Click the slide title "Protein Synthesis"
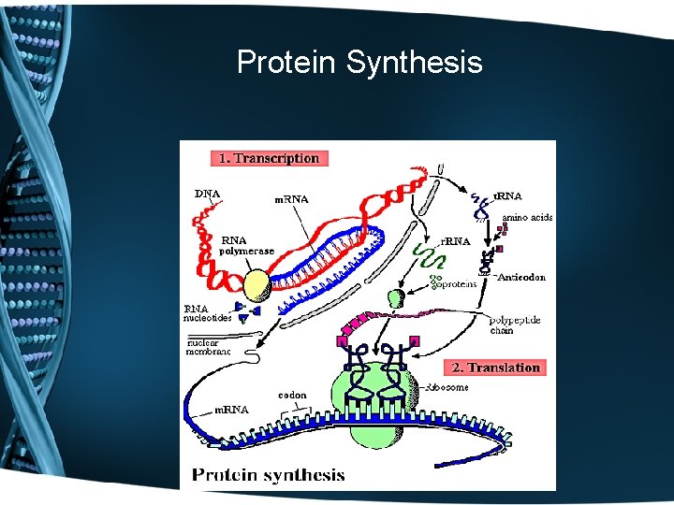click(359, 63)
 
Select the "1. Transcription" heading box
click(269, 158)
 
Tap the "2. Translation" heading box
click(496, 368)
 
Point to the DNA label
click(207, 195)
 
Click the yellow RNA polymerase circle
click(256, 284)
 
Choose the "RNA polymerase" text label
click(246, 245)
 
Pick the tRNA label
click(508, 196)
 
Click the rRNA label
click(455, 241)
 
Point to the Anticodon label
click(520, 277)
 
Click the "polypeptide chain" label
click(515, 325)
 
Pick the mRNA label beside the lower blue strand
click(231, 410)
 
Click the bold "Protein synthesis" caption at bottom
click(268, 474)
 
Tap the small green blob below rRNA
click(397, 299)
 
